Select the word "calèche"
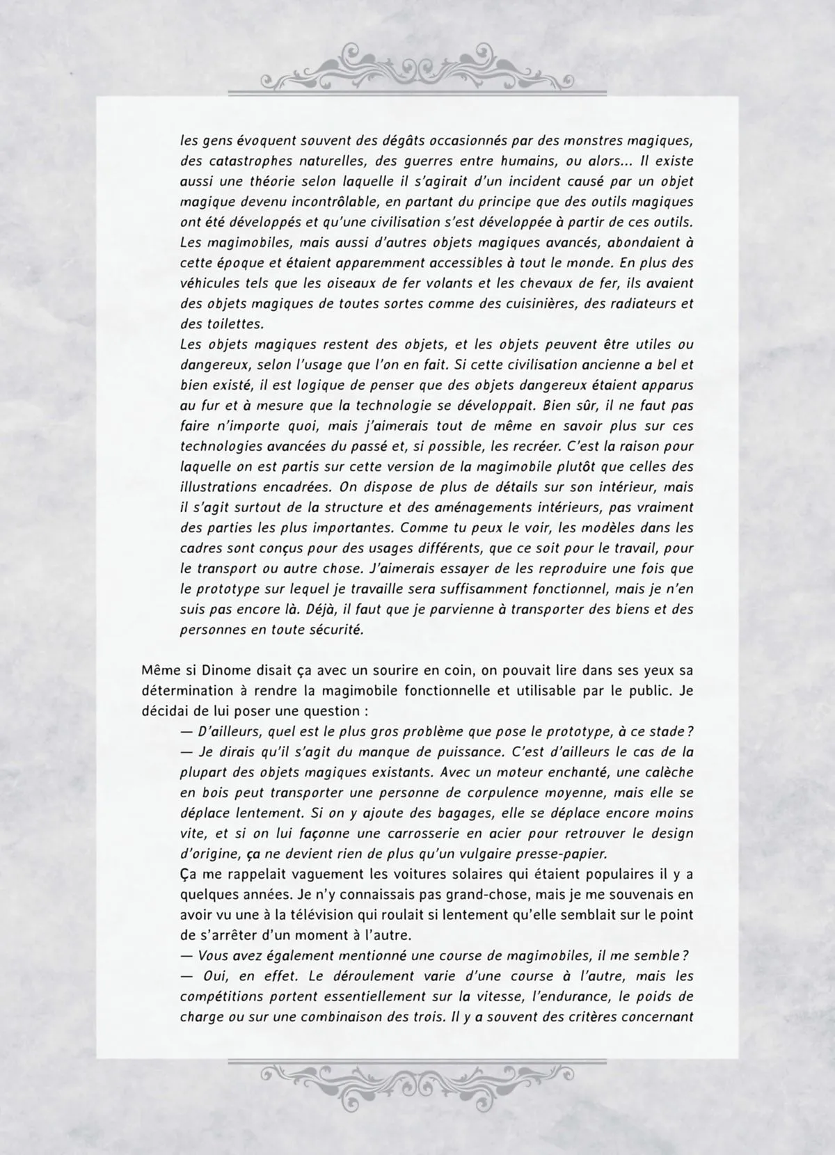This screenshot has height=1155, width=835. coord(665,772)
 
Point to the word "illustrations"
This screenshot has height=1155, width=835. coord(220,487)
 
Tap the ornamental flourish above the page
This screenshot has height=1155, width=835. coord(417,69)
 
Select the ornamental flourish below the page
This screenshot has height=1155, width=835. coord(417,1086)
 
